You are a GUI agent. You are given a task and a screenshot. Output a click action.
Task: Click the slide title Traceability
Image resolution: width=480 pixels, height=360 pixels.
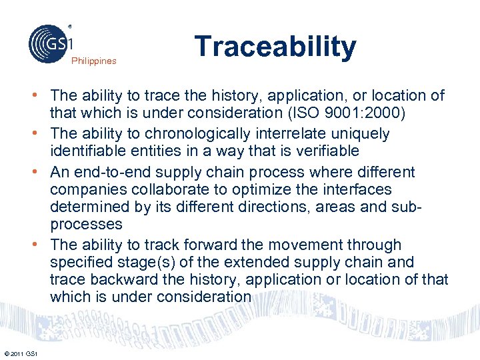click(x=275, y=47)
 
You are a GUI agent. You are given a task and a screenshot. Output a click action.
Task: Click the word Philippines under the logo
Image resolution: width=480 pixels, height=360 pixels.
click(x=94, y=61)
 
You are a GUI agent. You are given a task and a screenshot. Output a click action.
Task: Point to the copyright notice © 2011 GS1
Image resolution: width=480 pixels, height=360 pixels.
click(x=21, y=353)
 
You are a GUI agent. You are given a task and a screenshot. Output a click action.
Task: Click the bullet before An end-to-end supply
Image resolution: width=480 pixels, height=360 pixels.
click(x=41, y=172)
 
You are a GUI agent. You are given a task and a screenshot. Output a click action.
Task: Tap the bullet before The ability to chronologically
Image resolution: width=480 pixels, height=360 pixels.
click(x=41, y=134)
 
